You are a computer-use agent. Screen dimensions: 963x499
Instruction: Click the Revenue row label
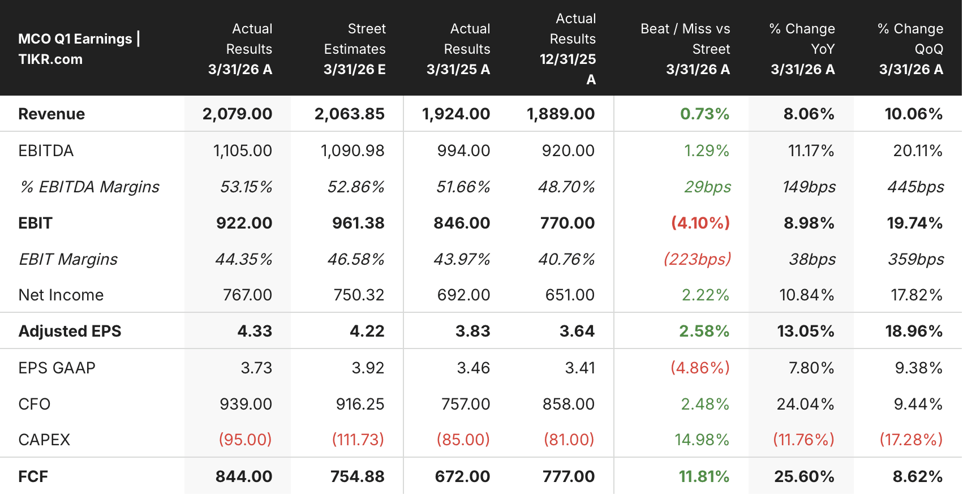pyautogui.click(x=51, y=114)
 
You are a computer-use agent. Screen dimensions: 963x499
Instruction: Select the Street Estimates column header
pyautogui.click(x=355, y=49)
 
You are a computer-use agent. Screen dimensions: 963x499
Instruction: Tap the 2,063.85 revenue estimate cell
pyautogui.click(x=350, y=114)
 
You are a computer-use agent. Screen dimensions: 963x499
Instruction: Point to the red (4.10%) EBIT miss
pyautogui.click(x=700, y=223)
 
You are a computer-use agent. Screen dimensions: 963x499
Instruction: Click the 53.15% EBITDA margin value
pyautogui.click(x=246, y=187)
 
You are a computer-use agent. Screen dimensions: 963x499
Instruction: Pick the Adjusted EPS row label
pyautogui.click(x=70, y=332)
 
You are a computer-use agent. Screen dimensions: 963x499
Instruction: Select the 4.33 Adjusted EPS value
pyautogui.click(x=255, y=332)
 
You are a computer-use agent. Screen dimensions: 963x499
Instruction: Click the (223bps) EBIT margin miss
pyautogui.click(x=697, y=259)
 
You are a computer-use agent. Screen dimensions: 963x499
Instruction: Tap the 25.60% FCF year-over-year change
pyautogui.click(x=805, y=476)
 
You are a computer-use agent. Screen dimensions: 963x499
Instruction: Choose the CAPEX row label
pyautogui.click(x=44, y=440)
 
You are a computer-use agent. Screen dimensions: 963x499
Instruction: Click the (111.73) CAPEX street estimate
pyautogui.click(x=358, y=440)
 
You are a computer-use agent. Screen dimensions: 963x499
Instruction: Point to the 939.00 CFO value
pyautogui.click(x=246, y=404)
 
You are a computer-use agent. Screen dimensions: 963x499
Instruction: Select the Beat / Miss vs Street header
pyautogui.click(x=686, y=49)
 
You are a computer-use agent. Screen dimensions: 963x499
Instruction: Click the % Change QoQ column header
pyautogui.click(x=910, y=49)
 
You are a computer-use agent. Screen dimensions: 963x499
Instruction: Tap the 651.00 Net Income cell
pyautogui.click(x=570, y=295)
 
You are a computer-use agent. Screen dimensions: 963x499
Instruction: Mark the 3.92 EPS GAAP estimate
pyautogui.click(x=368, y=368)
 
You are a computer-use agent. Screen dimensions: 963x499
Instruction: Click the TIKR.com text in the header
pyautogui.click(x=50, y=59)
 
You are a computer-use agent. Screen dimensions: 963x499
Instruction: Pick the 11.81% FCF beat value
pyautogui.click(x=704, y=476)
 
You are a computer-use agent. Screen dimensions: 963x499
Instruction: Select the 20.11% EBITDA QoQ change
pyautogui.click(x=918, y=151)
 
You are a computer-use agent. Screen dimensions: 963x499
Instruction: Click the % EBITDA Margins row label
pyautogui.click(x=89, y=187)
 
